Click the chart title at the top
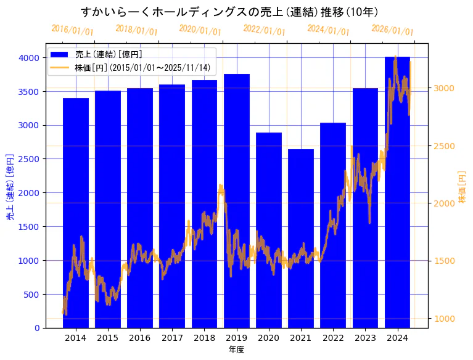tap(229, 12)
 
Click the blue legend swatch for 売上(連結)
tap(60, 54)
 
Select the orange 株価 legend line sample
tap(60, 67)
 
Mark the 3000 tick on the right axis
tap(444, 88)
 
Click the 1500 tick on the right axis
tap(444, 261)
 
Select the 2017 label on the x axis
tap(172, 338)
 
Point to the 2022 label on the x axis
tap(333, 338)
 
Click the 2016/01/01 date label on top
tap(72, 30)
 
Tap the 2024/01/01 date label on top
tap(328, 30)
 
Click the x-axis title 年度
tap(236, 350)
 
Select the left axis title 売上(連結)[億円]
tap(10, 187)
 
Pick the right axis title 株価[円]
tap(463, 187)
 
